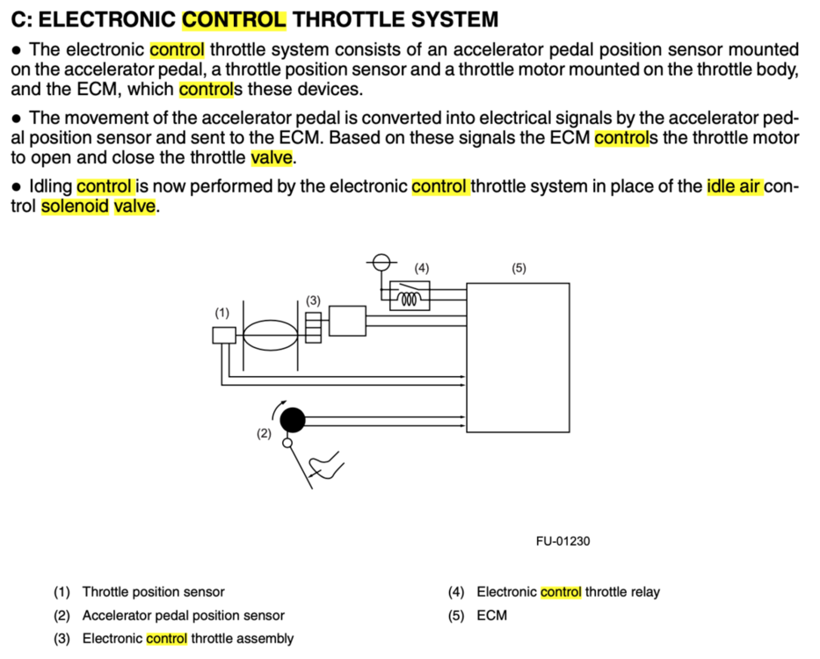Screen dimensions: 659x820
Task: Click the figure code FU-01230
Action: (562, 540)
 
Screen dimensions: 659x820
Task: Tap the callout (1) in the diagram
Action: (222, 312)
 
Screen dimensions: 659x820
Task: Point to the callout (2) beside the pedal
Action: (264, 433)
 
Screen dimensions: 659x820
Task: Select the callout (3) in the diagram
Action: (313, 301)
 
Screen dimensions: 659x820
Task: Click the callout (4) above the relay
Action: (422, 267)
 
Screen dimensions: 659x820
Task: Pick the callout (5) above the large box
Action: (519, 267)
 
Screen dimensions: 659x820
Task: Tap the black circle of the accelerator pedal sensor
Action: (293, 420)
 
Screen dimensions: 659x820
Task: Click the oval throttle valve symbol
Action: (271, 335)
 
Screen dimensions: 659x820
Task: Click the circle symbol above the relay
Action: (381, 261)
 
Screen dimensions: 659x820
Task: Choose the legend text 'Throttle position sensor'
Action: (153, 591)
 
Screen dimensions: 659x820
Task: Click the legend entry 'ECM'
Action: (492, 615)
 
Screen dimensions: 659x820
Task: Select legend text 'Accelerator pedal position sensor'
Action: (183, 615)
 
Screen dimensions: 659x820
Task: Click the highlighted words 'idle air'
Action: (734, 186)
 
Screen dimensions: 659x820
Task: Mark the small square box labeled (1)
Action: (223, 335)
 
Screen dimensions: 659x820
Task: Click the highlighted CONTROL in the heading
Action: (234, 18)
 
